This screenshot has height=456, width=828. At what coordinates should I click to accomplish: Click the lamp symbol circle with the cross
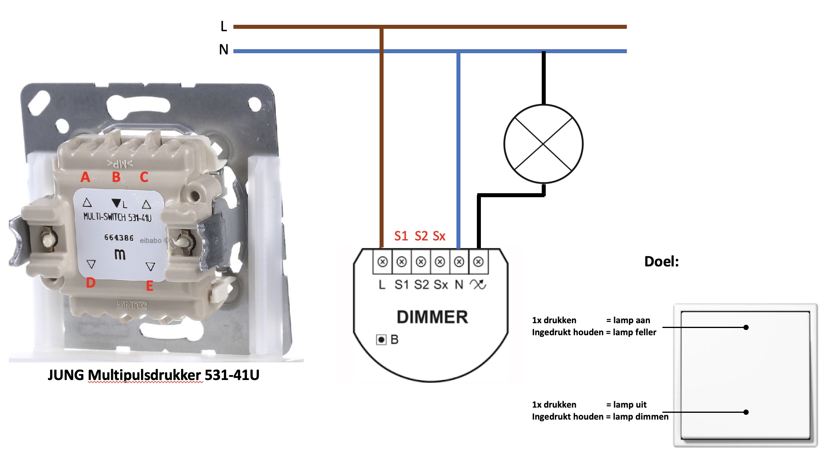point(543,144)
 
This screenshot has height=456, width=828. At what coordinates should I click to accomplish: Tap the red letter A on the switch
point(85,177)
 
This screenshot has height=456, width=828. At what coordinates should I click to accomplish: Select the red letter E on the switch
point(149,286)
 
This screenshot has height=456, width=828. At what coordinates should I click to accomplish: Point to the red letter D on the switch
point(90,283)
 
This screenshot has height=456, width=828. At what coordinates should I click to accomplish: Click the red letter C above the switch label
point(144,177)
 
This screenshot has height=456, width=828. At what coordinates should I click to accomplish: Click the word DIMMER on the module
point(432,317)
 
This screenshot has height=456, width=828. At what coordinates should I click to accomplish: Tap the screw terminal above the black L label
point(382,262)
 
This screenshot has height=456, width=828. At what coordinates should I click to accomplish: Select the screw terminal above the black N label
point(459,262)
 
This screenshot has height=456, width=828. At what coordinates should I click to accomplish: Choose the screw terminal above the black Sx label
point(440,262)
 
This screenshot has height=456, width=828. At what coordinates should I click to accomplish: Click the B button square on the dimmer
point(381,340)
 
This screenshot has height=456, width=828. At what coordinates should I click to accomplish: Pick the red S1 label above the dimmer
point(401,236)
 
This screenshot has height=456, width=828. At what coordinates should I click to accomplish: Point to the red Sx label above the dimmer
point(439,236)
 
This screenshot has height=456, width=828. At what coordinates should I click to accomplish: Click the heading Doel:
point(661,262)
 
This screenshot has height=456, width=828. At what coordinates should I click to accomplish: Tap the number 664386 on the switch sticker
point(119,238)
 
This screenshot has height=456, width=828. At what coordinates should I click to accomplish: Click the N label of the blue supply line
point(223,50)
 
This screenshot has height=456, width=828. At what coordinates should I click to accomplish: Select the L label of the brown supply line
point(223,26)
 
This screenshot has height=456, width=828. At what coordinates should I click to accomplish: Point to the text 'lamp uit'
point(629,404)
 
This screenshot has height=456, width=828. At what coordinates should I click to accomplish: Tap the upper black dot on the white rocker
point(746,327)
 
